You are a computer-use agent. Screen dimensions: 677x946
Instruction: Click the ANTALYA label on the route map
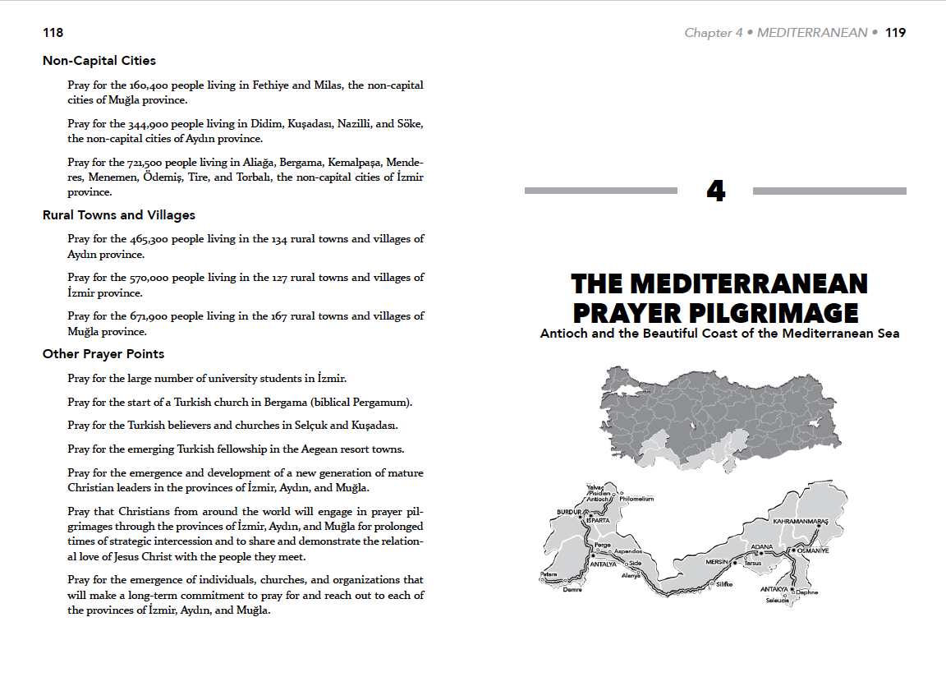[x=604, y=564]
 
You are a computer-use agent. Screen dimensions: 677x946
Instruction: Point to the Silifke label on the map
[x=723, y=584]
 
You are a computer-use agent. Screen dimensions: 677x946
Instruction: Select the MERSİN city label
[x=717, y=562]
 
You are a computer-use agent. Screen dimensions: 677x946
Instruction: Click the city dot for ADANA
[x=761, y=554]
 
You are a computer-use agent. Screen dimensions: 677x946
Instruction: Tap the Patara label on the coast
[x=549, y=574]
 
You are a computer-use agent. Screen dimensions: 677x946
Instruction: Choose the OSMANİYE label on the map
[x=813, y=550]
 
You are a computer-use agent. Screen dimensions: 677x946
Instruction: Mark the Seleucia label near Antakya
[x=778, y=601]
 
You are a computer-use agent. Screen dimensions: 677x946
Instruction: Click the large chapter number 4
[x=715, y=191]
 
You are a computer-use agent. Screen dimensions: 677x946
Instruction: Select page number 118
[x=53, y=33]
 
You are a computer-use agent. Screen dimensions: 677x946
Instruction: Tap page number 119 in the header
[x=896, y=33]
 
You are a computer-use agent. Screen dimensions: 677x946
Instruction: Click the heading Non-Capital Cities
[x=99, y=61]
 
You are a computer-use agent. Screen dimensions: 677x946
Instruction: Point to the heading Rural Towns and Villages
[x=119, y=215]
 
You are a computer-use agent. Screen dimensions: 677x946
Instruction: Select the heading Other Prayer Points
[x=103, y=354]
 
